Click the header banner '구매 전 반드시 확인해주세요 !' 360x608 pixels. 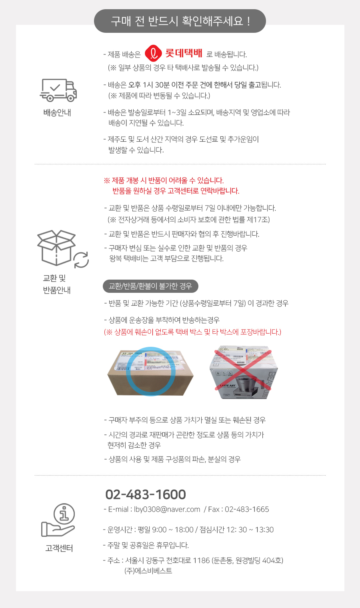point(180,21)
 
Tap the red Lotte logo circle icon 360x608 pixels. point(153,53)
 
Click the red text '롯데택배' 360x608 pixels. point(184,53)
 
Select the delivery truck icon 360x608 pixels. point(58,90)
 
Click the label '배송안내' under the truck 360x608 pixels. point(57,113)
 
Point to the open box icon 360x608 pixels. point(56,248)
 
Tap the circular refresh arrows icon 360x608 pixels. point(81,260)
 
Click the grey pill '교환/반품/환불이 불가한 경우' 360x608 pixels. point(150,286)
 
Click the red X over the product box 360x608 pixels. point(243,370)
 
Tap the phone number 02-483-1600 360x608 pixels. point(146,494)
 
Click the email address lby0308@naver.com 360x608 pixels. point(167,509)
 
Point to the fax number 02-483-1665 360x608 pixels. point(247,509)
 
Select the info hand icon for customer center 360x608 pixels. point(58,520)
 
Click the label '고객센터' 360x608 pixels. point(59,548)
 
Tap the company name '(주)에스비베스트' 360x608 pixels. point(148,571)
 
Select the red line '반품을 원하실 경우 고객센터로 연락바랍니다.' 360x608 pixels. point(176,191)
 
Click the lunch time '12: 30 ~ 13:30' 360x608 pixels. point(250,530)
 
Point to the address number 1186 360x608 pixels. point(202,560)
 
